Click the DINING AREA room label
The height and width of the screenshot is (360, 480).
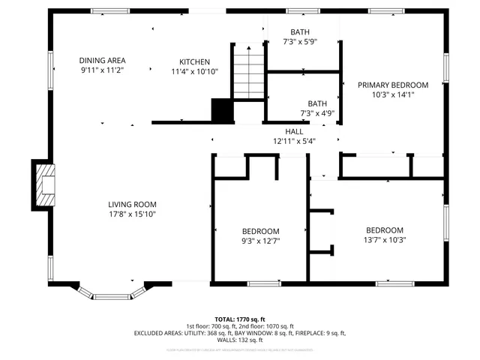(102, 60)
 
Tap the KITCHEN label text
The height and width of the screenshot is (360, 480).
(194, 61)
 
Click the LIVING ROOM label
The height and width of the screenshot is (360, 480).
(132, 204)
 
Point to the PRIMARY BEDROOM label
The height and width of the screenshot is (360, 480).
(392, 85)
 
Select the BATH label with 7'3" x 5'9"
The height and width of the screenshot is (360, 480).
(300, 33)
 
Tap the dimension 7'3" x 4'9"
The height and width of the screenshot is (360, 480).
(316, 113)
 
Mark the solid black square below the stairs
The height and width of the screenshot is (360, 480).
(222, 111)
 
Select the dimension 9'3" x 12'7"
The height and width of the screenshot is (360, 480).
(260, 241)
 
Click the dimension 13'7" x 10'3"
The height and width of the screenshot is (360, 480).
(384, 240)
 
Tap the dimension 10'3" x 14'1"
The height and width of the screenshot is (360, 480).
(392, 94)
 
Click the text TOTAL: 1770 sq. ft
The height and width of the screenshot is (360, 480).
(240, 319)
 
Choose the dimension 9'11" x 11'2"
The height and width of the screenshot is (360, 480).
(102, 70)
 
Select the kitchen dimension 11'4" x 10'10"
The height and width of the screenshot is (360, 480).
(194, 71)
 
